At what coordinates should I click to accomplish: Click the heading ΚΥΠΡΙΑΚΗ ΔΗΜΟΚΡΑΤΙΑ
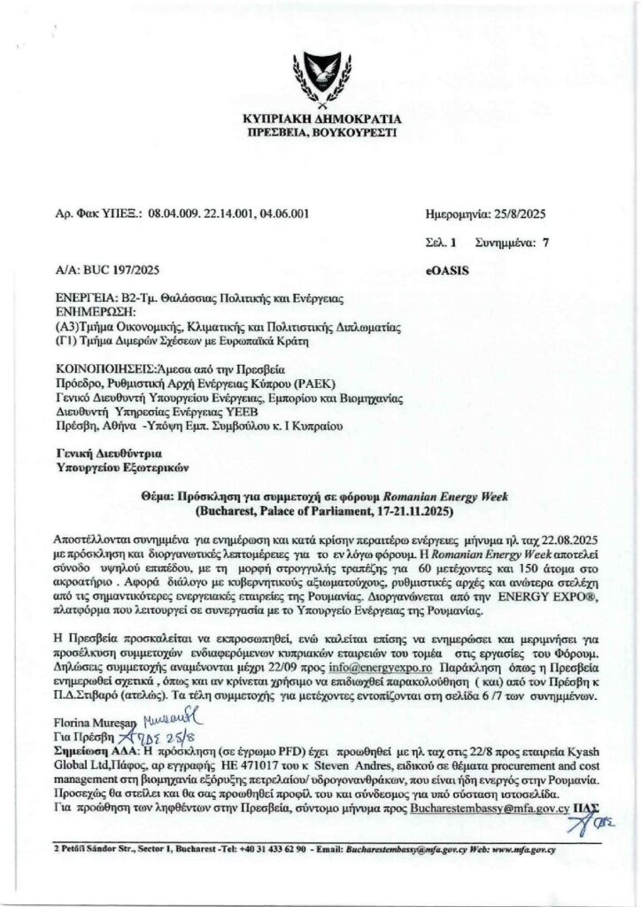pos(321,119)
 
